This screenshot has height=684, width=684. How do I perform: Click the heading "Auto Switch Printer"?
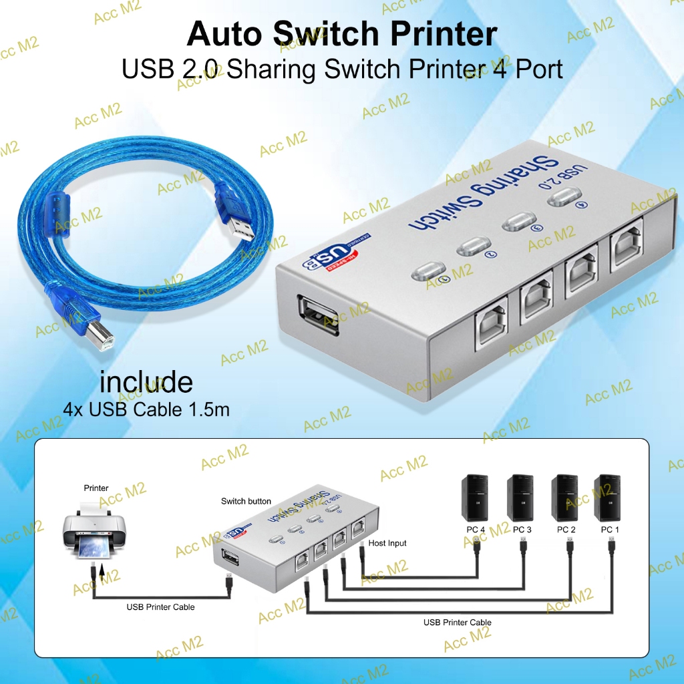pyautogui.click(x=341, y=34)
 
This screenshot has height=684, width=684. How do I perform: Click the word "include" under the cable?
pyautogui.click(x=146, y=383)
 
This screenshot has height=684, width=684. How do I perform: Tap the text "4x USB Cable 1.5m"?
pyautogui.click(x=146, y=409)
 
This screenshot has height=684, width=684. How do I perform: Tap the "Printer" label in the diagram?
pyautogui.click(x=96, y=488)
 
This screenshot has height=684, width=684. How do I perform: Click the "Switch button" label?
pyautogui.click(x=246, y=501)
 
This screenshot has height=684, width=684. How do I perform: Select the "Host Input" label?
pyautogui.click(x=387, y=543)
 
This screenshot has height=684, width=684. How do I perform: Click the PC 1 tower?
pyautogui.click(x=608, y=498)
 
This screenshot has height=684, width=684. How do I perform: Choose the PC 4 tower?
pyautogui.click(x=476, y=498)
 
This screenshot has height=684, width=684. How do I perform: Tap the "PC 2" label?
pyautogui.click(x=566, y=530)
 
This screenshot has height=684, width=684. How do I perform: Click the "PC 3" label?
pyautogui.click(x=522, y=530)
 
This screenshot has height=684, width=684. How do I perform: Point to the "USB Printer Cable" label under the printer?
pyautogui.click(x=161, y=607)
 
